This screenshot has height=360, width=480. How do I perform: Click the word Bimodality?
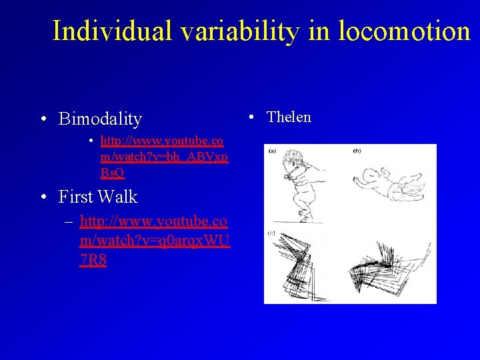(x=100, y=119)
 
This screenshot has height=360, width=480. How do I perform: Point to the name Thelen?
(x=289, y=117)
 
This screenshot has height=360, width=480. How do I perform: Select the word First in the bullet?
(x=76, y=197)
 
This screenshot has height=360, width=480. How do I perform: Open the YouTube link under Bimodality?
(x=162, y=157)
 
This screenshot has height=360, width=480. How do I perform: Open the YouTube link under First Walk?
(x=154, y=240)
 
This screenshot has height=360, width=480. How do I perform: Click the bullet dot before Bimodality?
(x=43, y=120)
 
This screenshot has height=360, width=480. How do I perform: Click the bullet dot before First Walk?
(x=43, y=197)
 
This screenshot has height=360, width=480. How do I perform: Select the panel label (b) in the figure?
(x=357, y=151)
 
